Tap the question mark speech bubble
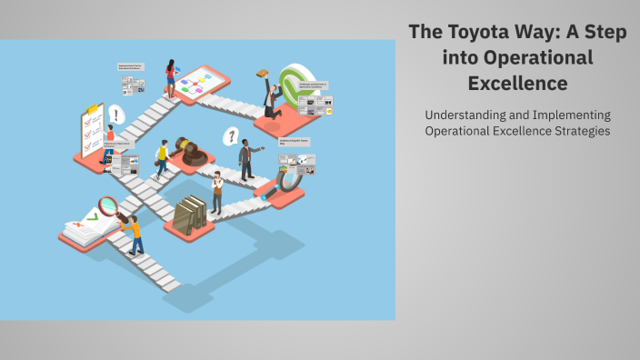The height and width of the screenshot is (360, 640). click(232, 137)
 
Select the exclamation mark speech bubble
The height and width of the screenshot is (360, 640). click(115, 115)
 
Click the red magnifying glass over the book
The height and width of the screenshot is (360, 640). click(110, 207)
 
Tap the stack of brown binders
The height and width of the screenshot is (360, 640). click(190, 215)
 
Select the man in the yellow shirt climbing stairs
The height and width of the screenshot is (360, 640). click(163, 159)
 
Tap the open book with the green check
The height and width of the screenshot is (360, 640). click(88, 225)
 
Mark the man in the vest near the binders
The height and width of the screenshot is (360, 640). click(216, 191)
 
